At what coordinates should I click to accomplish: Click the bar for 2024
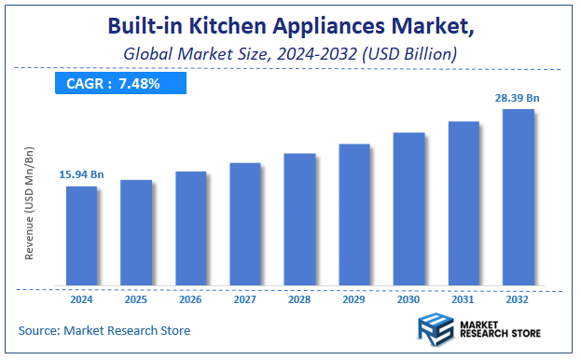coord(81,235)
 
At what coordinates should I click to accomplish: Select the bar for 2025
coord(136,232)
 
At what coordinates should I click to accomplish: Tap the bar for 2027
coord(245,224)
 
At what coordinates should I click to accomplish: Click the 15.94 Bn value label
coord(81,173)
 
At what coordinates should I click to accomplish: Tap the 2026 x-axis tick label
coord(190,299)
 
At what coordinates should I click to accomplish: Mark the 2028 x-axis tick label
coord(299,299)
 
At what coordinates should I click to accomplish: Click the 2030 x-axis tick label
coord(408,299)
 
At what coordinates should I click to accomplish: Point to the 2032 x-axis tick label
coord(519,299)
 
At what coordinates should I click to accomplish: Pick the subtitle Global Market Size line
coord(290,55)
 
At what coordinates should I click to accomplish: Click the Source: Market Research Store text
coord(104,330)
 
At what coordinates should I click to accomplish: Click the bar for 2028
coord(299,219)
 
